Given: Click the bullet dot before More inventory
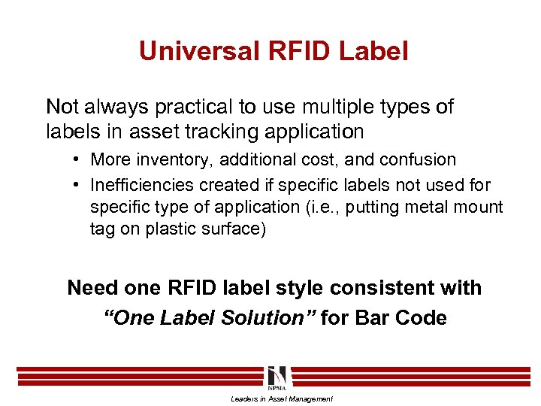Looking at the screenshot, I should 77,160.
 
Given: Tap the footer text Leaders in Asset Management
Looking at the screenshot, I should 281,399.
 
